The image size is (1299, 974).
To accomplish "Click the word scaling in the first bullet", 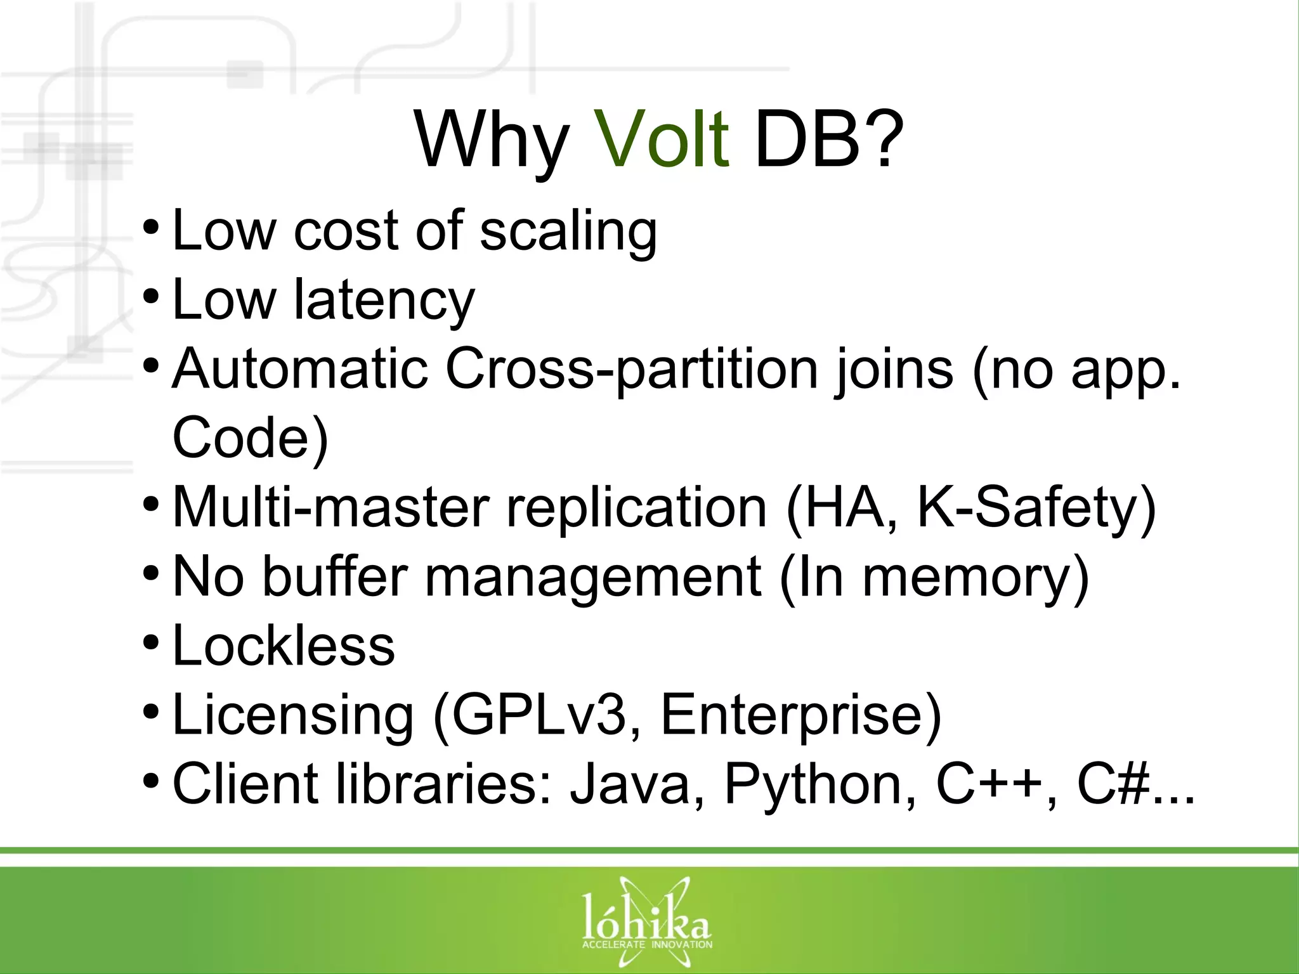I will (568, 232).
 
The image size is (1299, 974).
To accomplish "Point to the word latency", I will (384, 301).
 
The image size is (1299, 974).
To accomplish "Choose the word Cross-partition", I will (632, 370).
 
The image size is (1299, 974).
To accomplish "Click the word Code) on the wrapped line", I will (251, 438).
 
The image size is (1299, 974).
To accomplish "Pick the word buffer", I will (335, 577).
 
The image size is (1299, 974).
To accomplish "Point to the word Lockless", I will (284, 646).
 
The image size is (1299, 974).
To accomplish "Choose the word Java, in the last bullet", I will (637, 785).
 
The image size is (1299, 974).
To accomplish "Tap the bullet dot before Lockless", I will (151, 643).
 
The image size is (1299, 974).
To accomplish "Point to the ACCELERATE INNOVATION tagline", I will (647, 945).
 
